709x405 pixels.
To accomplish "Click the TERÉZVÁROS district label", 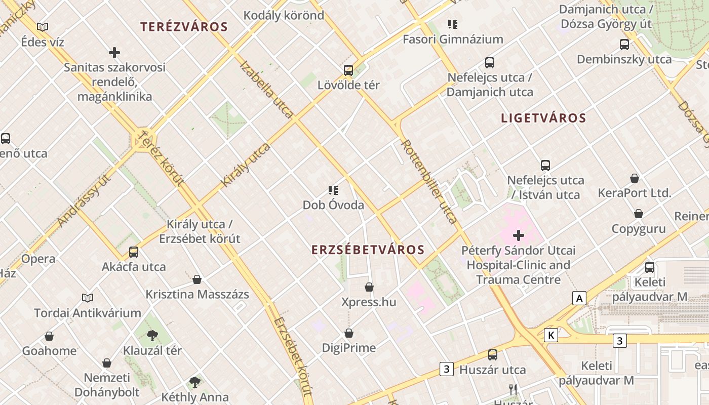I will point(184,27).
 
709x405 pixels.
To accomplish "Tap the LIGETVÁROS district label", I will point(543,118).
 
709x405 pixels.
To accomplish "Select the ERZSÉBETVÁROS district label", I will point(368,250).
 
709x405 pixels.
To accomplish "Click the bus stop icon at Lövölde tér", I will point(348,70).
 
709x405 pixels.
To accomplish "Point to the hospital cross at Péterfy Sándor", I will point(519,235).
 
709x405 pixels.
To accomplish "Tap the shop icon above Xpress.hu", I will point(369,287).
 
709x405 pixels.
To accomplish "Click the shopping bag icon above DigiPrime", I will point(349,333).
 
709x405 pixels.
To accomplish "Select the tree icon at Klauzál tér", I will point(152,335).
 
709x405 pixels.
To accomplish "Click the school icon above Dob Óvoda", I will point(333,190).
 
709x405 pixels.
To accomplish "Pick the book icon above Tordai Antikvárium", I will point(88,298).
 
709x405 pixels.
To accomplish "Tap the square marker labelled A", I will point(579,298).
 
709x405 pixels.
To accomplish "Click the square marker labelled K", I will point(551,335).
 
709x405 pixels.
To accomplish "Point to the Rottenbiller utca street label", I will point(429,181).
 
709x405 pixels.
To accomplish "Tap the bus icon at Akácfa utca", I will point(134,252).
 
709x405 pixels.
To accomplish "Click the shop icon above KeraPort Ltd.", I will point(635,178).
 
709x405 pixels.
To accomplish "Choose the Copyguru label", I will point(639,229).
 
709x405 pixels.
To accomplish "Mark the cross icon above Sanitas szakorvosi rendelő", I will point(114,52).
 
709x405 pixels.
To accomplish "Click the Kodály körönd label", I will point(284,15).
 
